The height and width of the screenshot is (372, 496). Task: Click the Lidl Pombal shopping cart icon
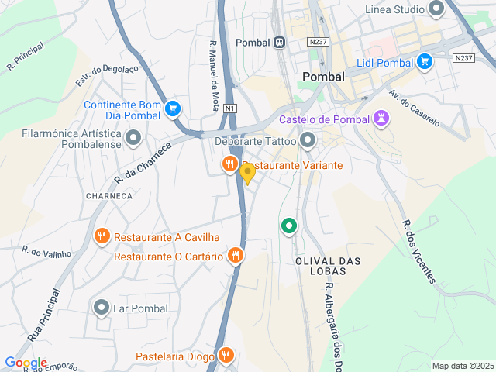tap(424, 61)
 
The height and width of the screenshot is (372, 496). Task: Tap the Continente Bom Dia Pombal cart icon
tap(173, 109)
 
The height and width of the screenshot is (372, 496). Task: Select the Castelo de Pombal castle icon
tap(381, 119)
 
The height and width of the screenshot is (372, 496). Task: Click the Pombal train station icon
tap(278, 43)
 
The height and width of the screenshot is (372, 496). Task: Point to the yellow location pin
tap(247, 173)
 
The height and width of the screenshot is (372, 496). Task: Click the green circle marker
tap(289, 226)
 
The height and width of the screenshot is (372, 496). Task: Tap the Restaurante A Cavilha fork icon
tap(102, 236)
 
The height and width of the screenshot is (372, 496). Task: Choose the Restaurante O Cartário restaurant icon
tap(236, 256)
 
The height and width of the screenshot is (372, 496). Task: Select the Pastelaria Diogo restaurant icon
tap(226, 356)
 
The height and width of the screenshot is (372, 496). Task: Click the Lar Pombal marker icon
tap(101, 308)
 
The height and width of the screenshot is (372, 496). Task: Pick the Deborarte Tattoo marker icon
tap(308, 141)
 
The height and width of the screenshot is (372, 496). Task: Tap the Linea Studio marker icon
tap(436, 9)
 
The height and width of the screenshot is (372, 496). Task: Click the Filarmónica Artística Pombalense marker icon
tap(133, 139)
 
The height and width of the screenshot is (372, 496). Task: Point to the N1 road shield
tap(230, 109)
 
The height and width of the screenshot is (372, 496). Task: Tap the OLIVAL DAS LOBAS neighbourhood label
tap(329, 267)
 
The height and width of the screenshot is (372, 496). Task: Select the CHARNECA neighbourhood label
tap(108, 196)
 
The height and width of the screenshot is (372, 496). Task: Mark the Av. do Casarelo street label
tap(414, 108)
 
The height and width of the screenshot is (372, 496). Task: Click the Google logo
tap(26, 363)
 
